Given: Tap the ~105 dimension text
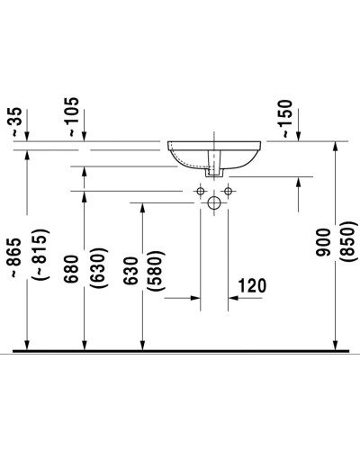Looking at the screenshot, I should [75, 117].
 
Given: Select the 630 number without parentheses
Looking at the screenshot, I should [133, 274].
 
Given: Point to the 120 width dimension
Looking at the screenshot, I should [251, 287].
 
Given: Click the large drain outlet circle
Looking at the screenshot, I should [213, 204].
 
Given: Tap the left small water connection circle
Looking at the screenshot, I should [200, 190].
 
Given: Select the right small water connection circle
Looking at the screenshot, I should [228, 190].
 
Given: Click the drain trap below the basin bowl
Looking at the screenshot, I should [213, 162].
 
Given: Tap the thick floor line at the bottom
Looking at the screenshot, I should [180, 349].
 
